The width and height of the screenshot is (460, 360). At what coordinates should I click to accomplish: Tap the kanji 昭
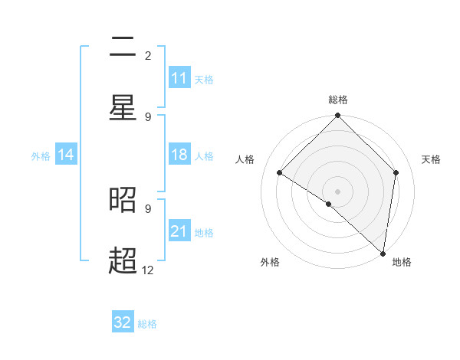[x=123, y=201]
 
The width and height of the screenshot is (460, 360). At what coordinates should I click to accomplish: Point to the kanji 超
[x=123, y=261]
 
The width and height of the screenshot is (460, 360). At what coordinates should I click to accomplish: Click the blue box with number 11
[x=179, y=78]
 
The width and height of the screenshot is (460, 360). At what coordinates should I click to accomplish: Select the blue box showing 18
[x=179, y=155]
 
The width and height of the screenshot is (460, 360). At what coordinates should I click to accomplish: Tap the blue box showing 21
[x=179, y=231]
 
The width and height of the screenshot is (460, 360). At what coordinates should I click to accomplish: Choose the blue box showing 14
[x=66, y=155]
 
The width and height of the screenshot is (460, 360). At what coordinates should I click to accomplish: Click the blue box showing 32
[x=123, y=322]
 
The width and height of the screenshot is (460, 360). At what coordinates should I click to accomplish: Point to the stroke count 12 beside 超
[x=148, y=270]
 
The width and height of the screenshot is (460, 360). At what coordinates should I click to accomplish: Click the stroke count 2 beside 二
[x=148, y=55]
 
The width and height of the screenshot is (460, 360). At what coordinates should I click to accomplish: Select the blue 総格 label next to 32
[x=147, y=324]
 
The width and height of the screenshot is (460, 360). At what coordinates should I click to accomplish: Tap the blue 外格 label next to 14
[x=41, y=156]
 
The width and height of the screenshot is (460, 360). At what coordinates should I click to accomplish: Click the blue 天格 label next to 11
[x=204, y=80]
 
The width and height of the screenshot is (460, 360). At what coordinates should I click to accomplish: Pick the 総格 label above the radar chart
[x=338, y=100]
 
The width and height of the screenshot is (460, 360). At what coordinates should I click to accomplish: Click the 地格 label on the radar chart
[x=402, y=262]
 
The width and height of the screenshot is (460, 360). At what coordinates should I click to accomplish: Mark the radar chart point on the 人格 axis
[x=280, y=173]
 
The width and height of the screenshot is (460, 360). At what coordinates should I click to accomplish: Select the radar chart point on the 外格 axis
[x=329, y=204]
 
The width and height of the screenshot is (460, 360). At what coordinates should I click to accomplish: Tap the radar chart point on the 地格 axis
[x=383, y=253]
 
